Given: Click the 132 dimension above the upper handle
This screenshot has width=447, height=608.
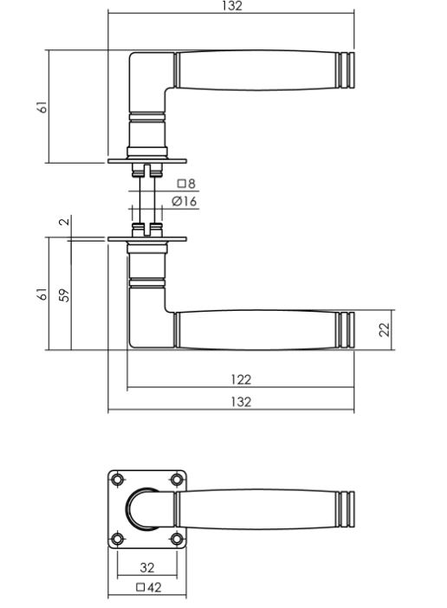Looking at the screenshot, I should click(x=231, y=6).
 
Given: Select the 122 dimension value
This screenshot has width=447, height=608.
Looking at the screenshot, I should click(x=241, y=379).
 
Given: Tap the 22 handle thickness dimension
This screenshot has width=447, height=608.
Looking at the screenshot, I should click(x=385, y=329).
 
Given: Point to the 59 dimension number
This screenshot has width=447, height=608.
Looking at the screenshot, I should click(x=63, y=294).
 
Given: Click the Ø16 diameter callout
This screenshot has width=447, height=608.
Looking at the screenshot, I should click(x=185, y=201).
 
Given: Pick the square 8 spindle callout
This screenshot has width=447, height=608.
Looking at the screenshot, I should click(x=186, y=184).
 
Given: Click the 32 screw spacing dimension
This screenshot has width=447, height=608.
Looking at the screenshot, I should click(x=147, y=568).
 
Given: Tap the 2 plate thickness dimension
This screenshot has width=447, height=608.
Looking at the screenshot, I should click(x=63, y=223).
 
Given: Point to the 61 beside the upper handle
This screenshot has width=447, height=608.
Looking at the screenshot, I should click(x=42, y=107).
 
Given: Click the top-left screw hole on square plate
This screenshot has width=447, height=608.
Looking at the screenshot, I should click(x=116, y=479).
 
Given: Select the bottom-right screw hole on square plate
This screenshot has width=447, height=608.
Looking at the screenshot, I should click(x=177, y=540).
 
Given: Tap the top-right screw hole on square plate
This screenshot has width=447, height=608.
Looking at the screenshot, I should click(x=177, y=479).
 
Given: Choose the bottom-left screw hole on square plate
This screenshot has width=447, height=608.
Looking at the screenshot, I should click(x=116, y=540).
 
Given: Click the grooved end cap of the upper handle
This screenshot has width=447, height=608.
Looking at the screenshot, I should click(x=344, y=70).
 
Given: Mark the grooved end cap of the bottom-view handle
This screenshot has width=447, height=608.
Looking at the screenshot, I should click(x=344, y=509).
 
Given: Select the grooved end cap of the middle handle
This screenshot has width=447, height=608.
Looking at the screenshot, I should click(x=344, y=329).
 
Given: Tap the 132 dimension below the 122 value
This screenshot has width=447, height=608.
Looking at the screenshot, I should click(x=241, y=402).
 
